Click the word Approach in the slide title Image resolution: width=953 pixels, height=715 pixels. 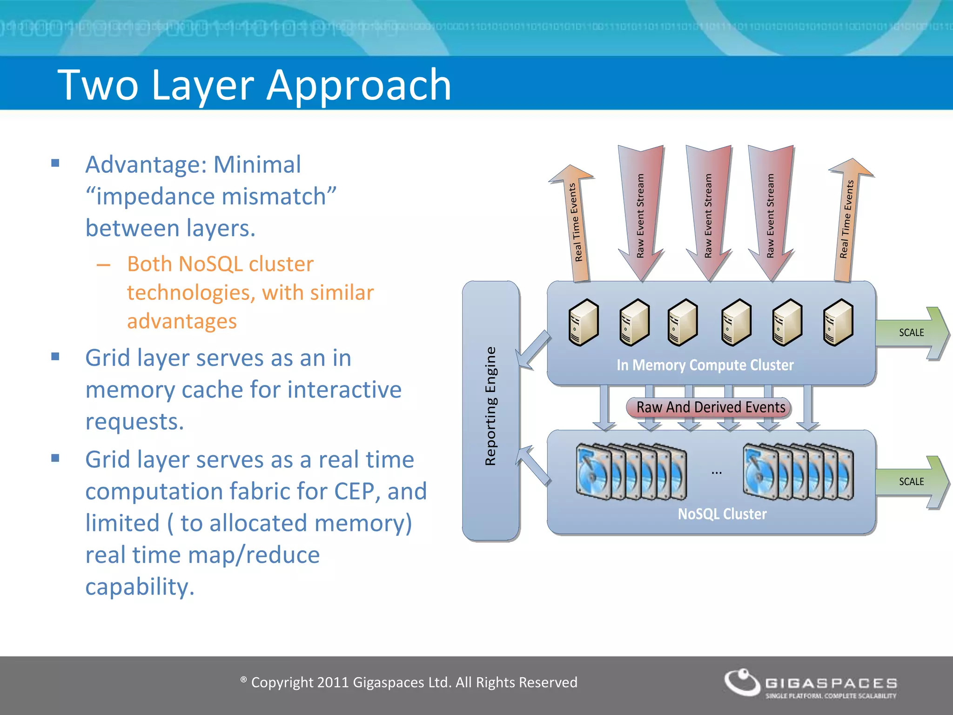[358, 85]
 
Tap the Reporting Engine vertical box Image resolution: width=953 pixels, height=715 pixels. [490, 410]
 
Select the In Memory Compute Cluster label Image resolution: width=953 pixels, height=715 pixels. [705, 365]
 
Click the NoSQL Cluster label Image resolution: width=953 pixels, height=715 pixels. [722, 514]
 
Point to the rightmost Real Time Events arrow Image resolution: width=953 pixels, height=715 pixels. [847, 219]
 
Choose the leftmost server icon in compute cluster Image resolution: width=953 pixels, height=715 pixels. [584, 322]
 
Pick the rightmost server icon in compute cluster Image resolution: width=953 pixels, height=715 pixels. [838, 322]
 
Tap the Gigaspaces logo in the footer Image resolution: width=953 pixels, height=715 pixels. [810, 683]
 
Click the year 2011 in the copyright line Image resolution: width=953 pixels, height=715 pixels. [332, 682]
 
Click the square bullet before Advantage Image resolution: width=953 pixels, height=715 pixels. [55, 163]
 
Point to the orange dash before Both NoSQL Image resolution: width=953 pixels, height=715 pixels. [103, 265]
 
